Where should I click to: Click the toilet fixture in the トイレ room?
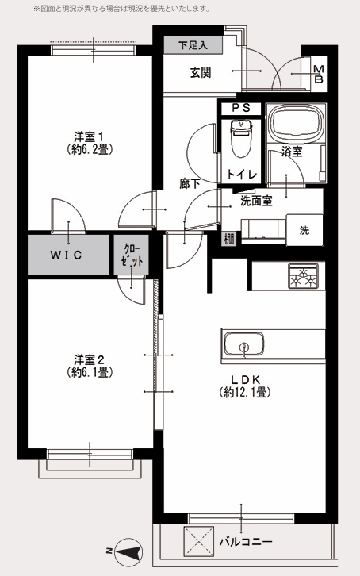click(241, 139)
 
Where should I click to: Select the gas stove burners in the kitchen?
click(303, 276)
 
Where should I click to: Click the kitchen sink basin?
click(243, 344)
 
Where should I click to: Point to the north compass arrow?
click(128, 551)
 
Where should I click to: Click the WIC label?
click(66, 255)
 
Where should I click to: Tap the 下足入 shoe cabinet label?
click(193, 45)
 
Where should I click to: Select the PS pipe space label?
click(241, 108)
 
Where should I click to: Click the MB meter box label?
click(319, 74)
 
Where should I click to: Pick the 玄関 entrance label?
click(201, 72)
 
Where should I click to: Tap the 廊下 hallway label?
click(190, 183)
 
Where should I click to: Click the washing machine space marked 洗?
click(304, 230)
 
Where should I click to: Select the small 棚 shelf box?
click(228, 239)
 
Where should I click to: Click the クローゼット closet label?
click(132, 255)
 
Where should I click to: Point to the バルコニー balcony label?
click(246, 542)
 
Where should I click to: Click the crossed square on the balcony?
click(198, 541)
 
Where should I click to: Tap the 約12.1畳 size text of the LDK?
click(245, 393)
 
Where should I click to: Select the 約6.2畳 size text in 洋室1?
click(89, 149)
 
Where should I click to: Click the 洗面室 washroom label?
click(256, 201)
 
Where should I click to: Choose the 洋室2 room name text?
click(90, 359)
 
